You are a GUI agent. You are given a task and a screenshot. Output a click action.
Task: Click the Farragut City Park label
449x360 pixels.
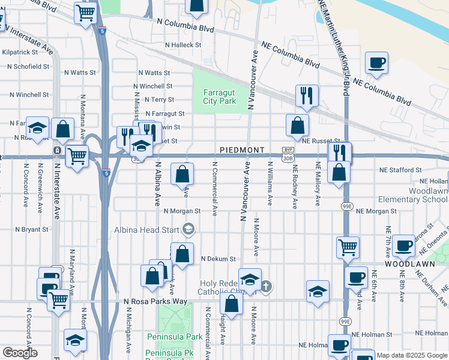(x=218, y=97)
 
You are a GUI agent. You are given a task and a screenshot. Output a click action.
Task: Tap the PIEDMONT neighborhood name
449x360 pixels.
(x=242, y=149)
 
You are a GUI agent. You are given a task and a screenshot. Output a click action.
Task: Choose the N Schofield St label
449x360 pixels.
(x=29, y=67)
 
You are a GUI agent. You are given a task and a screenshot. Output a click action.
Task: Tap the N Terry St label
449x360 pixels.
(x=158, y=100)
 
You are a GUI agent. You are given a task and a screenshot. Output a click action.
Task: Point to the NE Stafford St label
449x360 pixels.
(x=400, y=170)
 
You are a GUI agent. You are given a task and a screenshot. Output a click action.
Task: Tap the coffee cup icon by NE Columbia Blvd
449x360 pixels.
(x=376, y=63)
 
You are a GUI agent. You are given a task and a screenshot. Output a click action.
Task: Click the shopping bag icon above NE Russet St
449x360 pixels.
(x=297, y=125)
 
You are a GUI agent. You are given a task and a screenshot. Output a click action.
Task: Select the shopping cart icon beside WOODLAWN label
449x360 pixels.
(x=348, y=246)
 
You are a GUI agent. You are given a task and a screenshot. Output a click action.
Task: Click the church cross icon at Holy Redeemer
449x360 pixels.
(x=267, y=287)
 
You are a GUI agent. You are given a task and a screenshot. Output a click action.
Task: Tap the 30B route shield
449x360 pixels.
(x=288, y=157)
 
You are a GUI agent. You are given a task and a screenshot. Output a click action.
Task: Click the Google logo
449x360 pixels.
(x=20, y=353)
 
